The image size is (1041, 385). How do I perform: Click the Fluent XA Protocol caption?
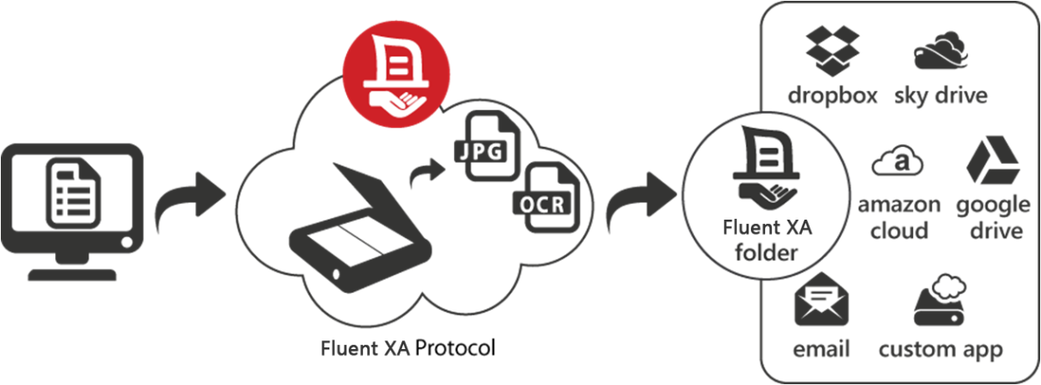coord(407,348)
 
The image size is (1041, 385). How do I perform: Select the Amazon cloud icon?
coord(900,164)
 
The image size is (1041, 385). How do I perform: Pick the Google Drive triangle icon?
coord(993,161)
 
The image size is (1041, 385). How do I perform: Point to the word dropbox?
coord(832,94)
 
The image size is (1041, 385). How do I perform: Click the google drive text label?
coord(993,217)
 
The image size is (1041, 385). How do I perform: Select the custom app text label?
coord(940,349)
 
